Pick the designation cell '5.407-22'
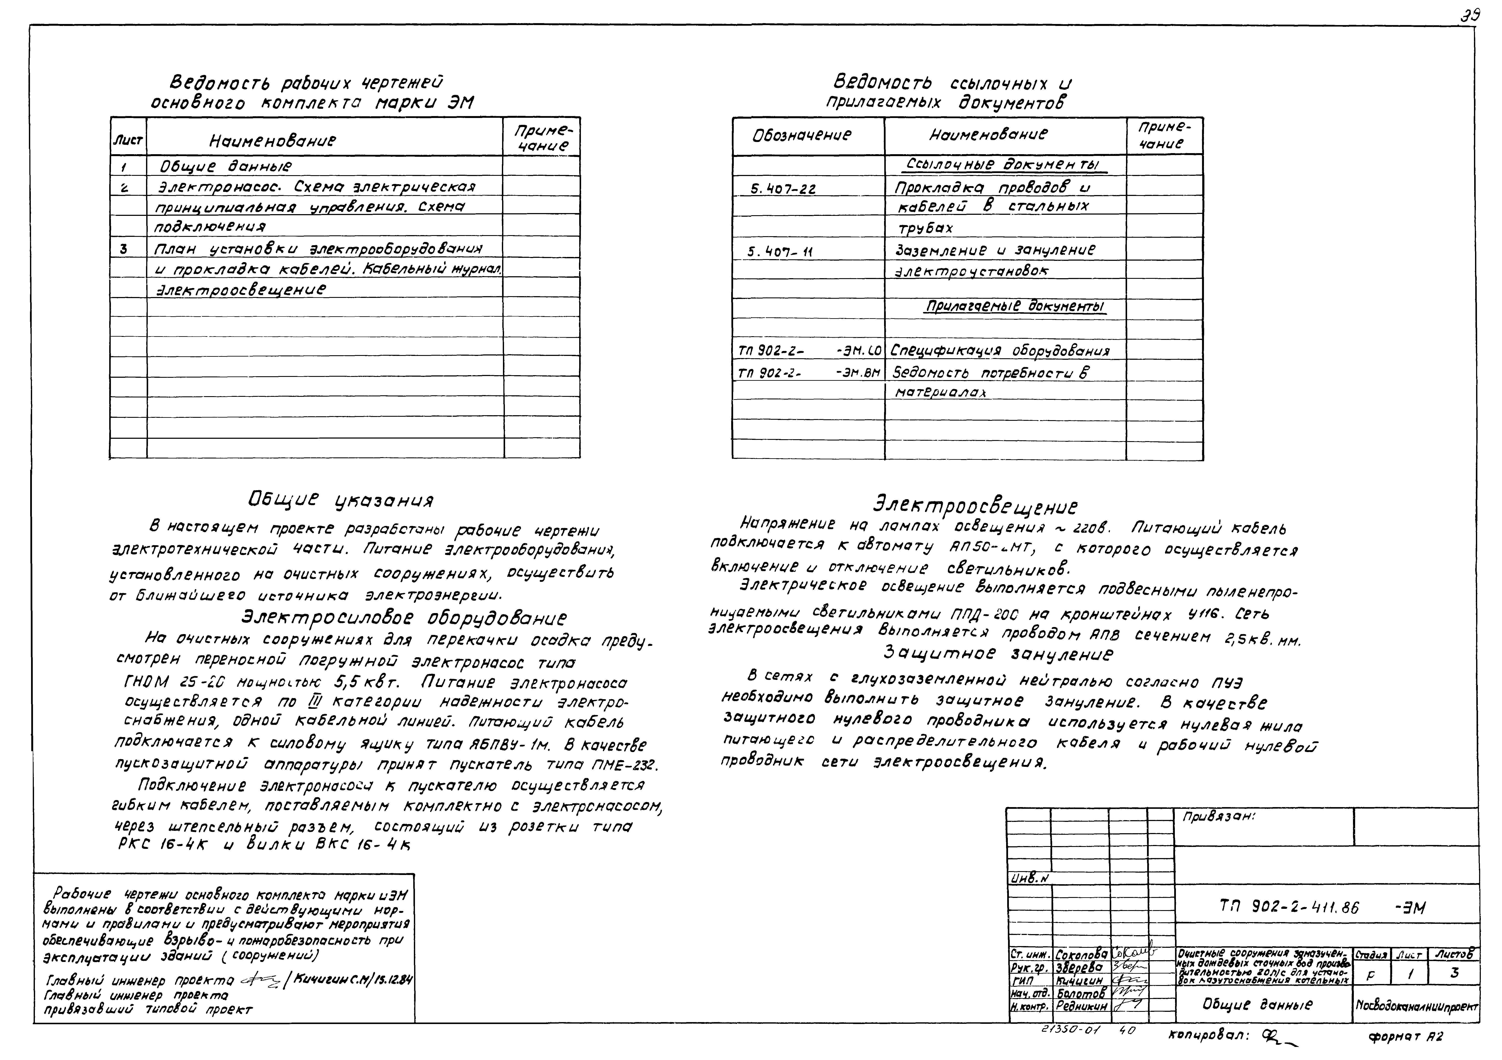pyautogui.click(x=783, y=189)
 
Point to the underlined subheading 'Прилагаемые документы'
pyautogui.click(x=1014, y=307)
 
